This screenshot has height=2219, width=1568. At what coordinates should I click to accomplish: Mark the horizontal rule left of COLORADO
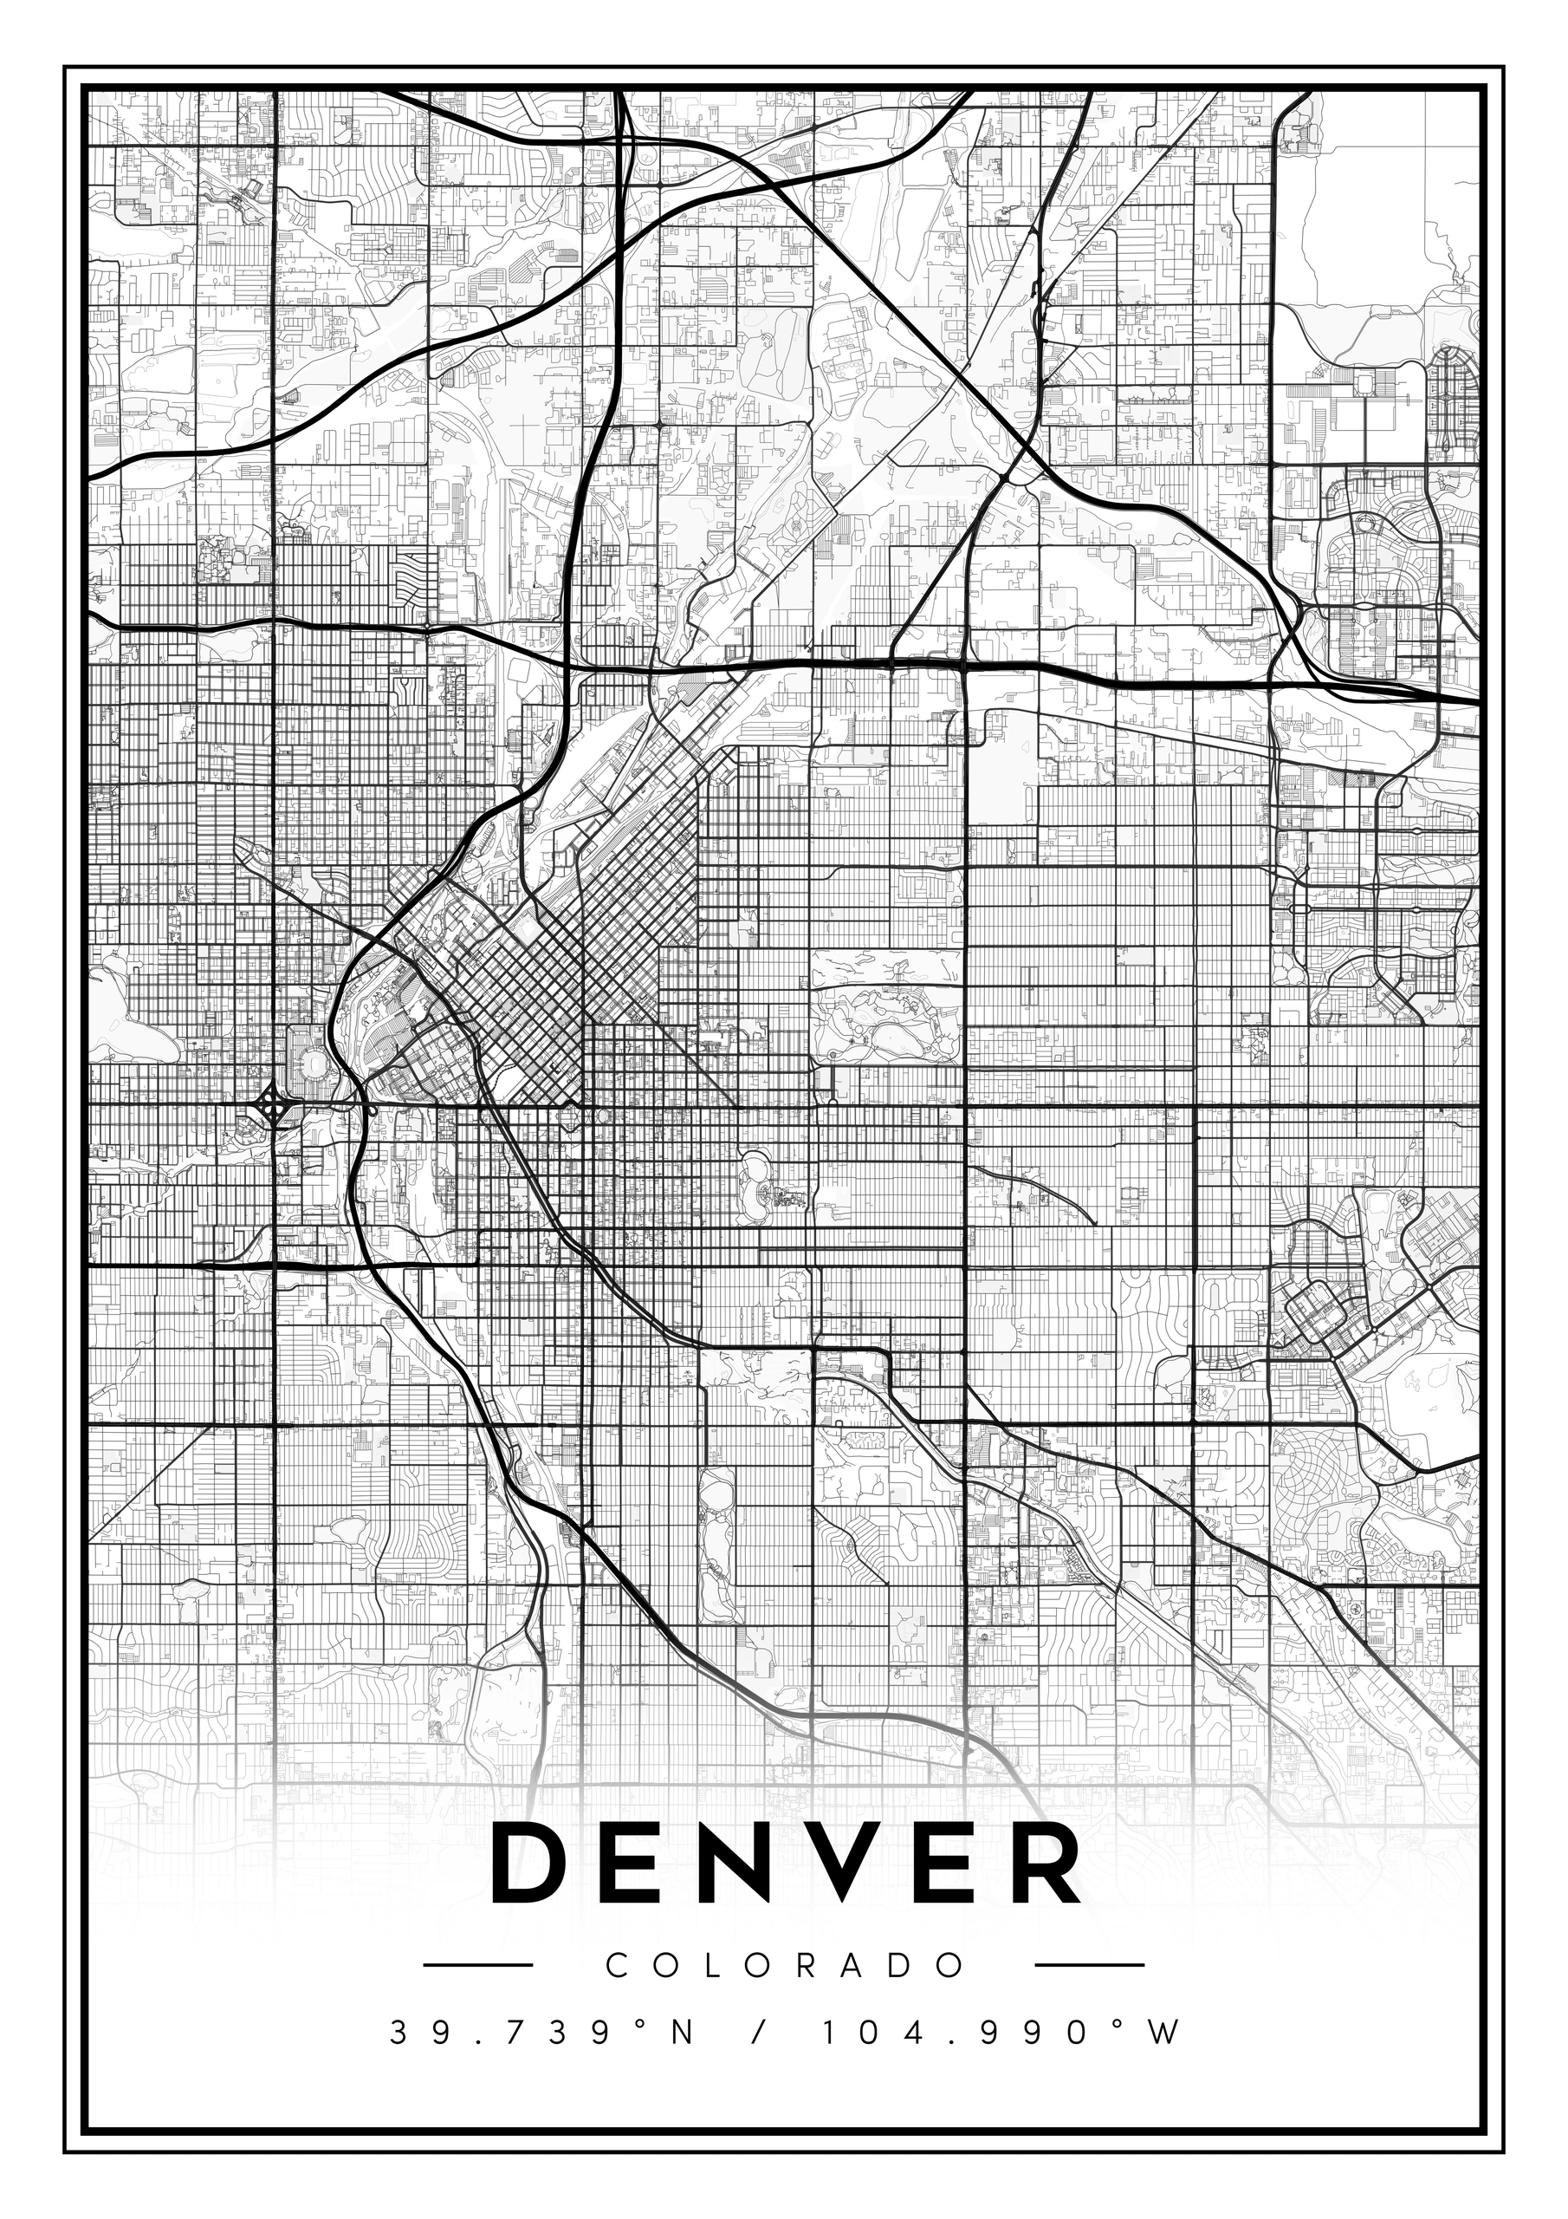pyautogui.click(x=479, y=1965)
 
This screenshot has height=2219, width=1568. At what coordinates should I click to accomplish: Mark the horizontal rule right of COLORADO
pyautogui.click(x=1089, y=1965)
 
